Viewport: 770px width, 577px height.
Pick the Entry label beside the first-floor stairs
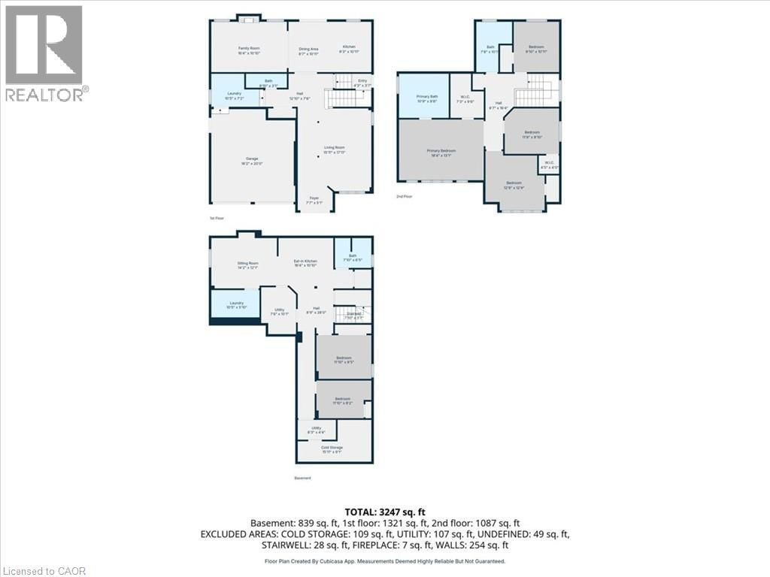pos(362,82)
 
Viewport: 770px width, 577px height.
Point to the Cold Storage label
pos(332,449)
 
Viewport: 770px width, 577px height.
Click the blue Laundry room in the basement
pos(237,305)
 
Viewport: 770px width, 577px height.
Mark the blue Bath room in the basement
pos(352,258)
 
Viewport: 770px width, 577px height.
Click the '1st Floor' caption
pos(217,218)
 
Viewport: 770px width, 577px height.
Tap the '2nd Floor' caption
pos(405,197)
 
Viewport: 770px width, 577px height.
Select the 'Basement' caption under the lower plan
pos(302,478)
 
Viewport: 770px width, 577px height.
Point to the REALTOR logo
pos(46,53)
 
